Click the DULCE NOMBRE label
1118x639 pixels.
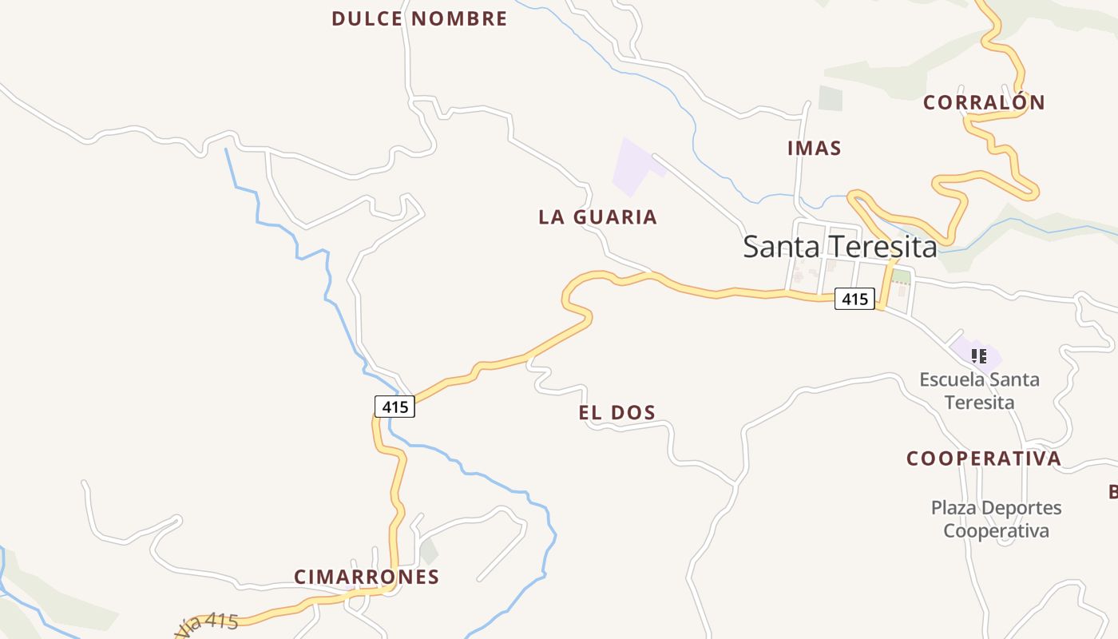click(419, 18)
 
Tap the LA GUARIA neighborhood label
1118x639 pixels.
click(597, 216)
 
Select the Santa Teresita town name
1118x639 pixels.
click(839, 247)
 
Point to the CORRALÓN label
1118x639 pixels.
click(984, 102)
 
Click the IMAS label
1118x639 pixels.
click(814, 148)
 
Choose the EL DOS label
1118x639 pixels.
click(616, 412)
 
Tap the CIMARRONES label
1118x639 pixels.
click(367, 577)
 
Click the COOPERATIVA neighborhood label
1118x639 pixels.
click(984, 458)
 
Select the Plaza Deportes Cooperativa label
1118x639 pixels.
click(996, 519)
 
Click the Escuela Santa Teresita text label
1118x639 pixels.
click(979, 390)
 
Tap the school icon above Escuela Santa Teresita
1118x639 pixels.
click(978, 355)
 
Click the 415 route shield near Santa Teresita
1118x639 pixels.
click(854, 299)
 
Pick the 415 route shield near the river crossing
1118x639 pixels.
click(394, 407)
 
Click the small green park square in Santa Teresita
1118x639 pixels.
click(901, 277)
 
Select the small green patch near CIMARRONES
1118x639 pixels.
click(429, 550)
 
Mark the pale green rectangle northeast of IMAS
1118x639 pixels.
click(831, 97)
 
